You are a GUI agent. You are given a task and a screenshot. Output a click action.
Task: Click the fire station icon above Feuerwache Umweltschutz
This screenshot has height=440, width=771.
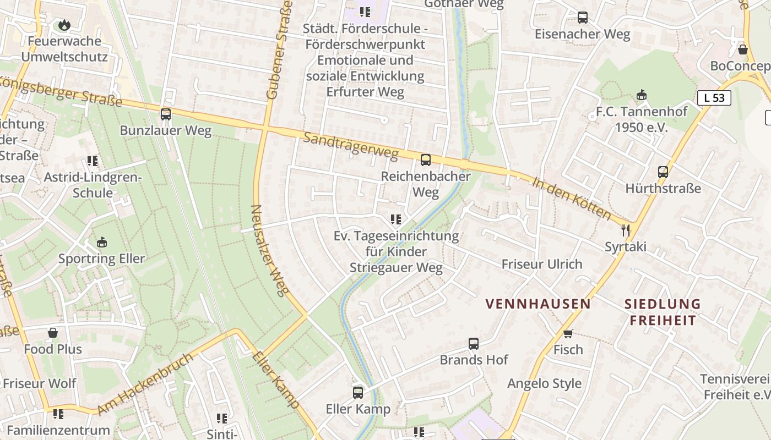pos(64,25)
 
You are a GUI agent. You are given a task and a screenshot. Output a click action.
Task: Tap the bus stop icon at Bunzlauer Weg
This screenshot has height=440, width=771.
pos(166,114)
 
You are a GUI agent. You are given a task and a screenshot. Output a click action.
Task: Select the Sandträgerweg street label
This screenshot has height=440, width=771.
pos(350,146)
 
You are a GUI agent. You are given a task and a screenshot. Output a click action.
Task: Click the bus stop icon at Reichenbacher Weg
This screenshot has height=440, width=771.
pos(426,160)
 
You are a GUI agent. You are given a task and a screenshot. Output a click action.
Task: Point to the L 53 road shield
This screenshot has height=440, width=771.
pos(714,98)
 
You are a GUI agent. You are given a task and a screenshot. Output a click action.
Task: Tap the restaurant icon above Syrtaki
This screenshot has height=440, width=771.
pos(625,230)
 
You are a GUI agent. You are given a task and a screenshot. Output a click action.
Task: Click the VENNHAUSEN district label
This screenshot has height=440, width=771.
pos(538,304)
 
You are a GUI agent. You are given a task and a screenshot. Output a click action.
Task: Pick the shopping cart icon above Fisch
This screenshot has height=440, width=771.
pos(568,333)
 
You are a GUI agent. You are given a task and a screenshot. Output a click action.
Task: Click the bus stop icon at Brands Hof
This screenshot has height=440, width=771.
pos(474,344)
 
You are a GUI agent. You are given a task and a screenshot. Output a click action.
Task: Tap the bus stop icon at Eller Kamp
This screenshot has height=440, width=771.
pos(358,393)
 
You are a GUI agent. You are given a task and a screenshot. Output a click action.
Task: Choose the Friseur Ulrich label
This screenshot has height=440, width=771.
pos(541,264)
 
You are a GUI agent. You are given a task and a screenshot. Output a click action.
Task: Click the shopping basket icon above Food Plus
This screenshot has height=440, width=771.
pos(53,333)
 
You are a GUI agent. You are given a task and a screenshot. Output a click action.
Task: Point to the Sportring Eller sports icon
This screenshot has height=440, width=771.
pos(102,243)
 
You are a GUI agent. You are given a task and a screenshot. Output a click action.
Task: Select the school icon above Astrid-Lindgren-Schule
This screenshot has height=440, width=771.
pos(93,161)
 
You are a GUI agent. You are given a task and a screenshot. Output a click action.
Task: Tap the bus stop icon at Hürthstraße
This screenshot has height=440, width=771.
pos(663,172)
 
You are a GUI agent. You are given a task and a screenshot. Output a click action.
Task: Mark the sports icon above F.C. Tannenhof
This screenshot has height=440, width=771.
pos(642,95)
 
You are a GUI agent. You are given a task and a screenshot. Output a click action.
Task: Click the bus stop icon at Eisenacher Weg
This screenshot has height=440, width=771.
pos(583,18)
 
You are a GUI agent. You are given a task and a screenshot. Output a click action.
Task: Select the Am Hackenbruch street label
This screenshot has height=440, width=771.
pos(146,384)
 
